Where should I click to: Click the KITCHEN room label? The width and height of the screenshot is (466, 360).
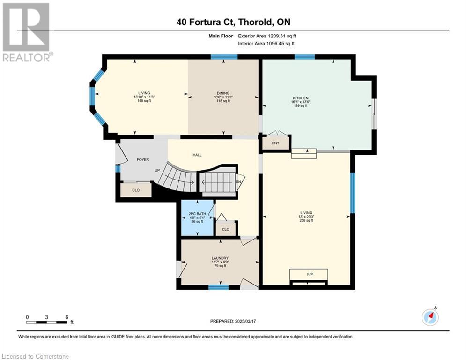301,98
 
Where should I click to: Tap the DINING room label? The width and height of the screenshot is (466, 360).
223,93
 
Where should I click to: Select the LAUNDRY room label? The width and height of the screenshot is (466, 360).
220,258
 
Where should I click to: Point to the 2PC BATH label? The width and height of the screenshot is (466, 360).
197,214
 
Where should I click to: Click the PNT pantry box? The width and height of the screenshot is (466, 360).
275,143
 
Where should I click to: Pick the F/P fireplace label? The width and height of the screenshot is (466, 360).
310,274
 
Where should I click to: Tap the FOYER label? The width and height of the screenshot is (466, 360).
143,160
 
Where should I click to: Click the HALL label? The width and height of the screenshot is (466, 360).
197,155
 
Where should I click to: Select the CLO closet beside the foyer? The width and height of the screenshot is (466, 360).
136,190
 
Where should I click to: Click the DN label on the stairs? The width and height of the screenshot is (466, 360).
238,182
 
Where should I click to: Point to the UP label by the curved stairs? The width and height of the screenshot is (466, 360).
157,170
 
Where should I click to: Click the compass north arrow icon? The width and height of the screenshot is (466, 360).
430,317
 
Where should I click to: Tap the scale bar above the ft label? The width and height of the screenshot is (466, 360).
47,322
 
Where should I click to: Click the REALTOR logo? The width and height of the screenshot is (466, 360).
27,32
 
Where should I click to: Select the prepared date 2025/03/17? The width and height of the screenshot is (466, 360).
245,321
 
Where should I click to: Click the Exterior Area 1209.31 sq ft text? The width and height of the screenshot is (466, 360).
267,36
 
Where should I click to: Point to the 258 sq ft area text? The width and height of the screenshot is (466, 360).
306,220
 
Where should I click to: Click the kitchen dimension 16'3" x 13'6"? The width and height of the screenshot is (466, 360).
301,102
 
